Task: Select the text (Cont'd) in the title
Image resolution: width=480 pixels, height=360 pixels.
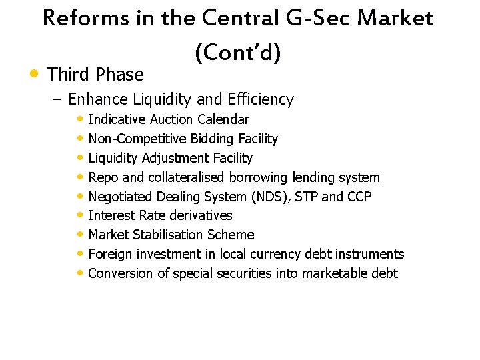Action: (238, 53)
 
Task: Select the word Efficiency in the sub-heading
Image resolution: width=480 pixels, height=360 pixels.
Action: (261, 100)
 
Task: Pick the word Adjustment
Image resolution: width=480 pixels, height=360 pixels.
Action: (174, 159)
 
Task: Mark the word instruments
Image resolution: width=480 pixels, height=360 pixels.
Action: (369, 254)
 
